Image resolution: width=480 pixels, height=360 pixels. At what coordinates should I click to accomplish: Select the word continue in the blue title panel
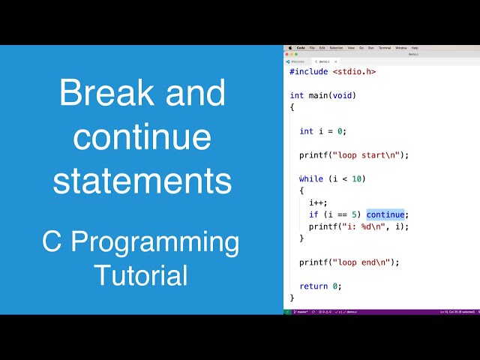(x=142, y=137)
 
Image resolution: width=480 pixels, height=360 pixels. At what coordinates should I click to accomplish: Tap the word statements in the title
(x=142, y=181)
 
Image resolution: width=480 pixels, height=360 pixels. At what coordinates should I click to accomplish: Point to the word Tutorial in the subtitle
(x=141, y=275)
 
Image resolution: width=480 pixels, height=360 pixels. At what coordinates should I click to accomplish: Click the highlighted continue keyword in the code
(x=385, y=214)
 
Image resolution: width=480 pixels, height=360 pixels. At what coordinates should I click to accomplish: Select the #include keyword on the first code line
(x=310, y=72)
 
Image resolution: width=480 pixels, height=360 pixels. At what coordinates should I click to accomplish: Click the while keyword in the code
(x=311, y=178)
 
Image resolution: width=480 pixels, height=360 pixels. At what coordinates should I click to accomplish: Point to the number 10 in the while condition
(x=358, y=178)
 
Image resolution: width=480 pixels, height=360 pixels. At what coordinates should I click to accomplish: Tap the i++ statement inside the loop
(x=316, y=202)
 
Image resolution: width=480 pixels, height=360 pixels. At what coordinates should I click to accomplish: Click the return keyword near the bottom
(x=313, y=286)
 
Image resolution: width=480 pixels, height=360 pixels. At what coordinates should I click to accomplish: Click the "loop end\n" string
(x=361, y=262)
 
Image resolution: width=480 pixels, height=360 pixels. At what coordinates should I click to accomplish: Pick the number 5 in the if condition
(x=354, y=214)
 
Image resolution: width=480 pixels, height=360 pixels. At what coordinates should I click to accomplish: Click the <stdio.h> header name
(x=355, y=72)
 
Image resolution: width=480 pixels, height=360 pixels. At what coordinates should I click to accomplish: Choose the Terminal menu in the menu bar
(x=383, y=47)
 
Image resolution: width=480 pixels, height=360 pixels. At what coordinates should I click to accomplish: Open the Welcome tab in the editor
(x=297, y=61)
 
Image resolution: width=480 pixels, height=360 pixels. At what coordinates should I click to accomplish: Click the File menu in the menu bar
(x=312, y=47)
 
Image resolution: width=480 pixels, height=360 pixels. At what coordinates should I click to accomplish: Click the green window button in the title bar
(x=296, y=54)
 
